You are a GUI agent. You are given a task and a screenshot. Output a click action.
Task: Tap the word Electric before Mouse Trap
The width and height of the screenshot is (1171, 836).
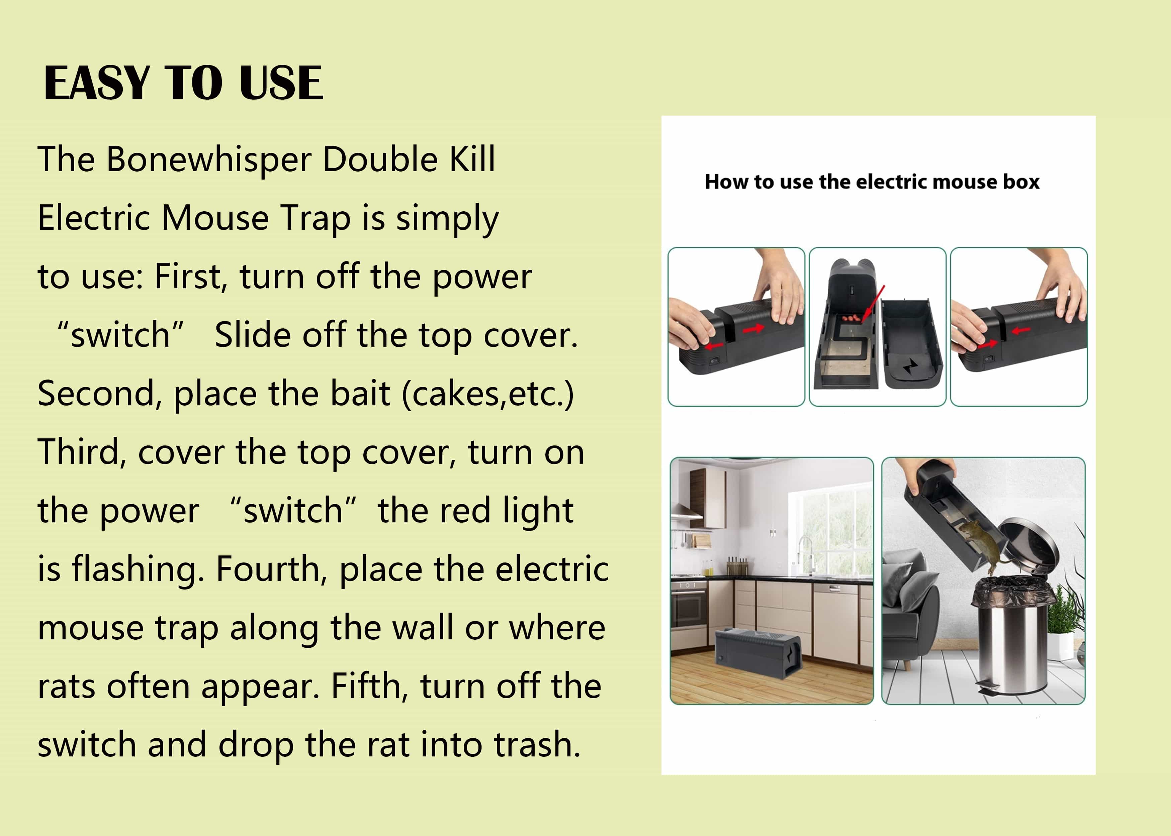[94, 217]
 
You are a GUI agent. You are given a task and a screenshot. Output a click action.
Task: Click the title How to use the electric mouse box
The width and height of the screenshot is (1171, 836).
[872, 182]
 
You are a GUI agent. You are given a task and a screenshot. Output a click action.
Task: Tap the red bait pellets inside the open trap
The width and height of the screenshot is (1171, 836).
[852, 318]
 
